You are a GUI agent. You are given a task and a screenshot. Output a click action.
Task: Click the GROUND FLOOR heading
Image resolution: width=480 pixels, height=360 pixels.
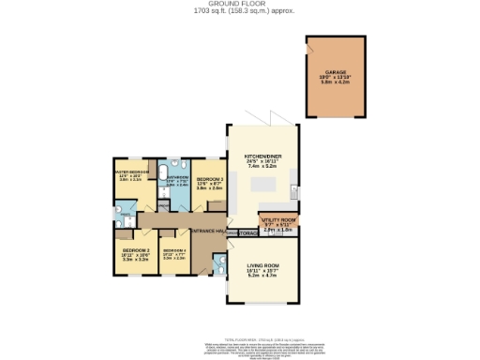(x=240, y=5)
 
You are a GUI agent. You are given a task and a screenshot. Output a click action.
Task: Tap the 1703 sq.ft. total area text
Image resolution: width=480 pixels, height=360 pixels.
(x=240, y=12)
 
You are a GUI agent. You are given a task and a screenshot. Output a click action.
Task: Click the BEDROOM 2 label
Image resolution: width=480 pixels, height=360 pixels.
(x=136, y=250)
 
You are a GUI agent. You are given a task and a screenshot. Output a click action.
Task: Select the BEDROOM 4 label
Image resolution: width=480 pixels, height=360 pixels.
(x=174, y=250)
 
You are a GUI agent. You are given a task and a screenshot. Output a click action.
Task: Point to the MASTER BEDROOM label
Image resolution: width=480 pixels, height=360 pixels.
(x=131, y=172)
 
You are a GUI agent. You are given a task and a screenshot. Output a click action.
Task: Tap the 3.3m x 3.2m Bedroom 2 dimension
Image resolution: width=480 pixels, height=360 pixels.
(x=136, y=260)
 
